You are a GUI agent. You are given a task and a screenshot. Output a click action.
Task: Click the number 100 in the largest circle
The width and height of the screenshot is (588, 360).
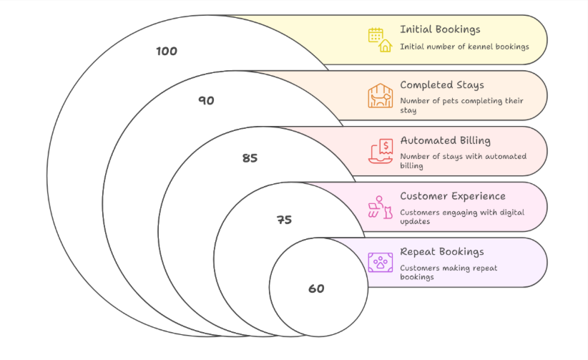[x=166, y=52]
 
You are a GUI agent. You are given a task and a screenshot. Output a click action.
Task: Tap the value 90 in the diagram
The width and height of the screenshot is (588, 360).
[x=206, y=101]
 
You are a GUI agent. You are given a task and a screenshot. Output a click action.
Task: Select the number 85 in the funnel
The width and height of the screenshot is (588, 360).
[x=249, y=158]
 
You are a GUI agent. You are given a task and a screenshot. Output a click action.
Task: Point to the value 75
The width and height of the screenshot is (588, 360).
[x=284, y=220]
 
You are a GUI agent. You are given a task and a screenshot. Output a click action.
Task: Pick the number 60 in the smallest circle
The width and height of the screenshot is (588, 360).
[x=316, y=288]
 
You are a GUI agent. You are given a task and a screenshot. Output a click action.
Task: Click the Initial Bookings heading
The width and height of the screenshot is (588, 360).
[x=440, y=29]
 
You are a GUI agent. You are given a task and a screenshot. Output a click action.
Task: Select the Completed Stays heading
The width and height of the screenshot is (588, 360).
[x=441, y=85]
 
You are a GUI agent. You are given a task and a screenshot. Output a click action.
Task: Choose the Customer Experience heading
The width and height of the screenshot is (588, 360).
[x=452, y=196]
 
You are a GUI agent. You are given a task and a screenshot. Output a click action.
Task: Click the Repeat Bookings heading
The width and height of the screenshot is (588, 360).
[x=441, y=252]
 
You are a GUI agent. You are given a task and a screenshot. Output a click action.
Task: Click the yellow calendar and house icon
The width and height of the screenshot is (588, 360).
[x=380, y=40]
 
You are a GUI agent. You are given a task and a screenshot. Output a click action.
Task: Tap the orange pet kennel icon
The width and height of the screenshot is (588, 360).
[x=380, y=96]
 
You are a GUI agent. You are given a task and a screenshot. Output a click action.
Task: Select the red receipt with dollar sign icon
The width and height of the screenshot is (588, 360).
[x=380, y=151]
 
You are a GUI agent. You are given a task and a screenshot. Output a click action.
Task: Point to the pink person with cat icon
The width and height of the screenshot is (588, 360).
[x=380, y=207]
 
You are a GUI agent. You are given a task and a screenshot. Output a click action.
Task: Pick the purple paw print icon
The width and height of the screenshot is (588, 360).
[x=380, y=263]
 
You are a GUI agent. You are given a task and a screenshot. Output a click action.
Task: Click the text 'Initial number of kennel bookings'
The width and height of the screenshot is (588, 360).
[x=464, y=47]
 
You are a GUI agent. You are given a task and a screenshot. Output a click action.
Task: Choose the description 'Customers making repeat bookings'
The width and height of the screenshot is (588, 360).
[x=449, y=272]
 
